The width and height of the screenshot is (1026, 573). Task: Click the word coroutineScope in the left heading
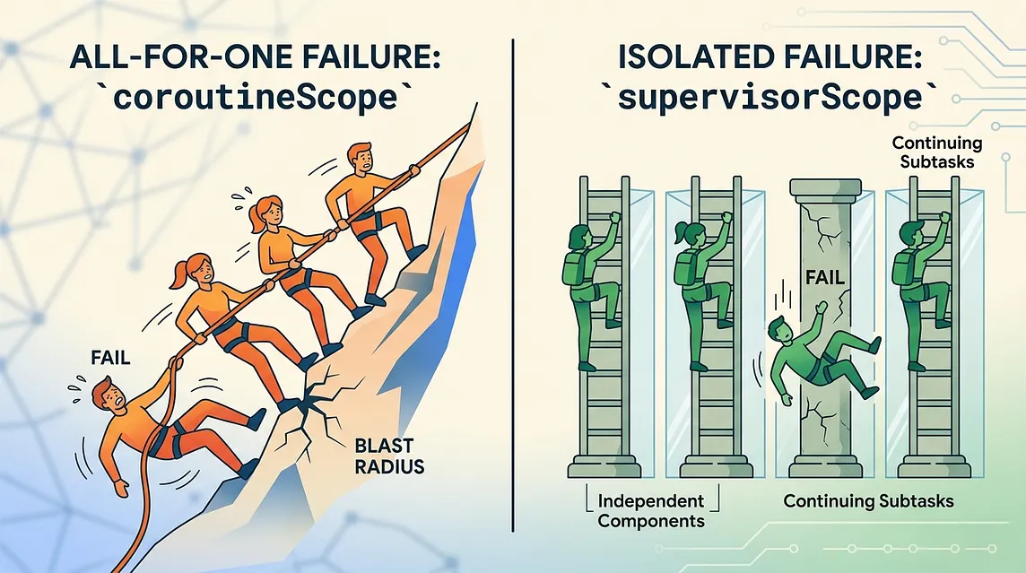256,98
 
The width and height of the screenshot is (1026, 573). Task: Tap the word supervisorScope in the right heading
770,98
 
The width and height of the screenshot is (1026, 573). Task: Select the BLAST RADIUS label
389,456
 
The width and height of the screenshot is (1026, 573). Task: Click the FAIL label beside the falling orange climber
110,358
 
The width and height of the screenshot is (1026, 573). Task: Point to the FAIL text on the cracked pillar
825,277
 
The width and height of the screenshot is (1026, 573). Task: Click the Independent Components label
650,511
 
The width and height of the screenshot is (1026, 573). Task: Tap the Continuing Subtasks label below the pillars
868,501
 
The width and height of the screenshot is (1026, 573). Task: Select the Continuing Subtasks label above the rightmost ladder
937,152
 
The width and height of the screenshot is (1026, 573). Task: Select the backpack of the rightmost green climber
903,267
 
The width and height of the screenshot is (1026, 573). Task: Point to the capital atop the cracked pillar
824,188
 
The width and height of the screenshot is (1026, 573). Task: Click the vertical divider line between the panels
513,285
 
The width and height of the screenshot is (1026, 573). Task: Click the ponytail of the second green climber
679,230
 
